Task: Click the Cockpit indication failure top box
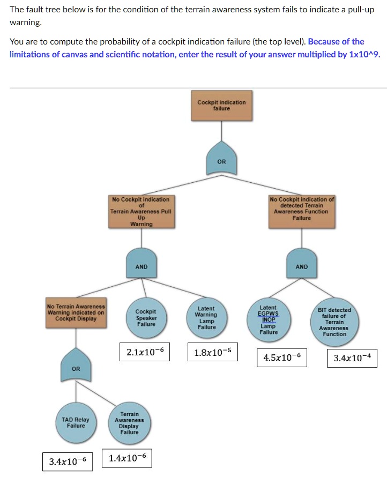click(x=221, y=105)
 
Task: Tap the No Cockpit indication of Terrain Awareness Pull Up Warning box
click(x=141, y=212)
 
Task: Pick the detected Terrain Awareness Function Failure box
click(x=302, y=212)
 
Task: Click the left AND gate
click(x=142, y=265)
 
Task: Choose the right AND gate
click(x=302, y=265)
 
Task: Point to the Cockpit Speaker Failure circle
click(x=146, y=317)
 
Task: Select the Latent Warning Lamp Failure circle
click(x=206, y=317)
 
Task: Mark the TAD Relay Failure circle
click(x=76, y=422)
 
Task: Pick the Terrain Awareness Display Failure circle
click(x=129, y=423)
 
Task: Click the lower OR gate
click(x=76, y=367)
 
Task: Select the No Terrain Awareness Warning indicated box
click(x=76, y=313)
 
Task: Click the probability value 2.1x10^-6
click(x=145, y=352)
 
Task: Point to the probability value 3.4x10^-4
click(x=352, y=358)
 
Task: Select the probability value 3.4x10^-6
click(x=67, y=461)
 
